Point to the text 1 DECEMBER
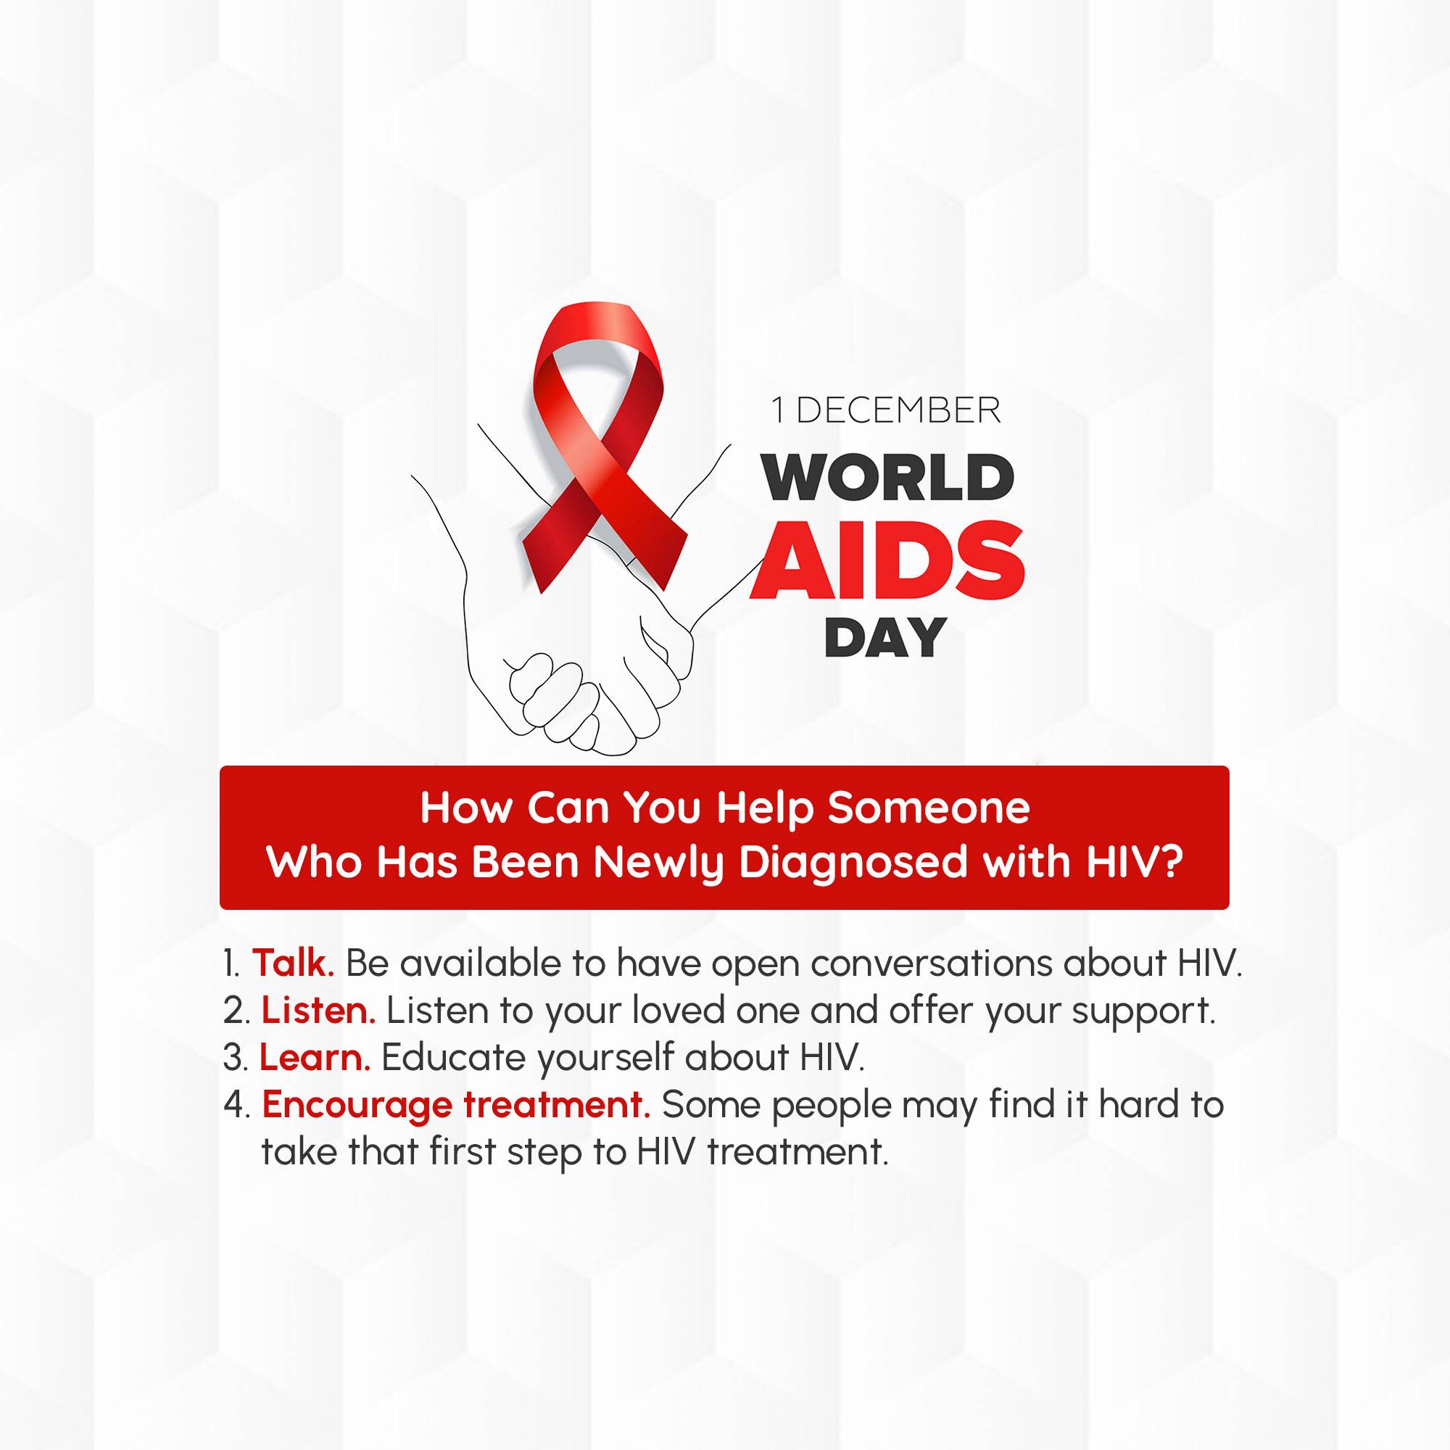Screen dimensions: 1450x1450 pos(887,410)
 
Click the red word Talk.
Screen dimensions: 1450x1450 pos(293,963)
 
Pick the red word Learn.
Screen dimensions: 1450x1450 pos(315,1058)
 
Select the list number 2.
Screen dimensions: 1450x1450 pos(236,1011)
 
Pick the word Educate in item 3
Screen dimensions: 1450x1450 pos(454,1058)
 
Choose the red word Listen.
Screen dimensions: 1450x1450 pos(318,1011)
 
